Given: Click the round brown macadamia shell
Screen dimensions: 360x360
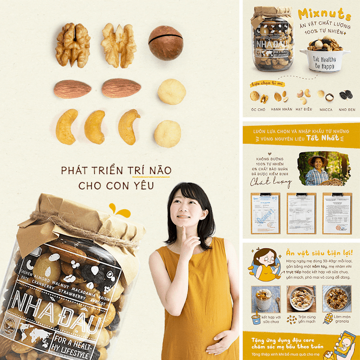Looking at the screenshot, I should click(166, 43).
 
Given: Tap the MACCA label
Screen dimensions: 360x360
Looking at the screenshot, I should click(326, 109).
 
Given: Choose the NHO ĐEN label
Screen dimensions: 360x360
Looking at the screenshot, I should click(347, 109).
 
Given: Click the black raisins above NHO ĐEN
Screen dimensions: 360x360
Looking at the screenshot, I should click(346, 96).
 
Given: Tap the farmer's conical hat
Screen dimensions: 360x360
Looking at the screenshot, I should click(318, 158).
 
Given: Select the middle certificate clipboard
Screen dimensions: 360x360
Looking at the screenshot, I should click(301, 213).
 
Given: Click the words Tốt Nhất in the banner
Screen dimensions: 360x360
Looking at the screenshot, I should click(323, 138).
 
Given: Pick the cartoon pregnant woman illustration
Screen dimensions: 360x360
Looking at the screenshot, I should click(265, 265).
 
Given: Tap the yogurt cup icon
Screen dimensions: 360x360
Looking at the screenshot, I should click(255, 319).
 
